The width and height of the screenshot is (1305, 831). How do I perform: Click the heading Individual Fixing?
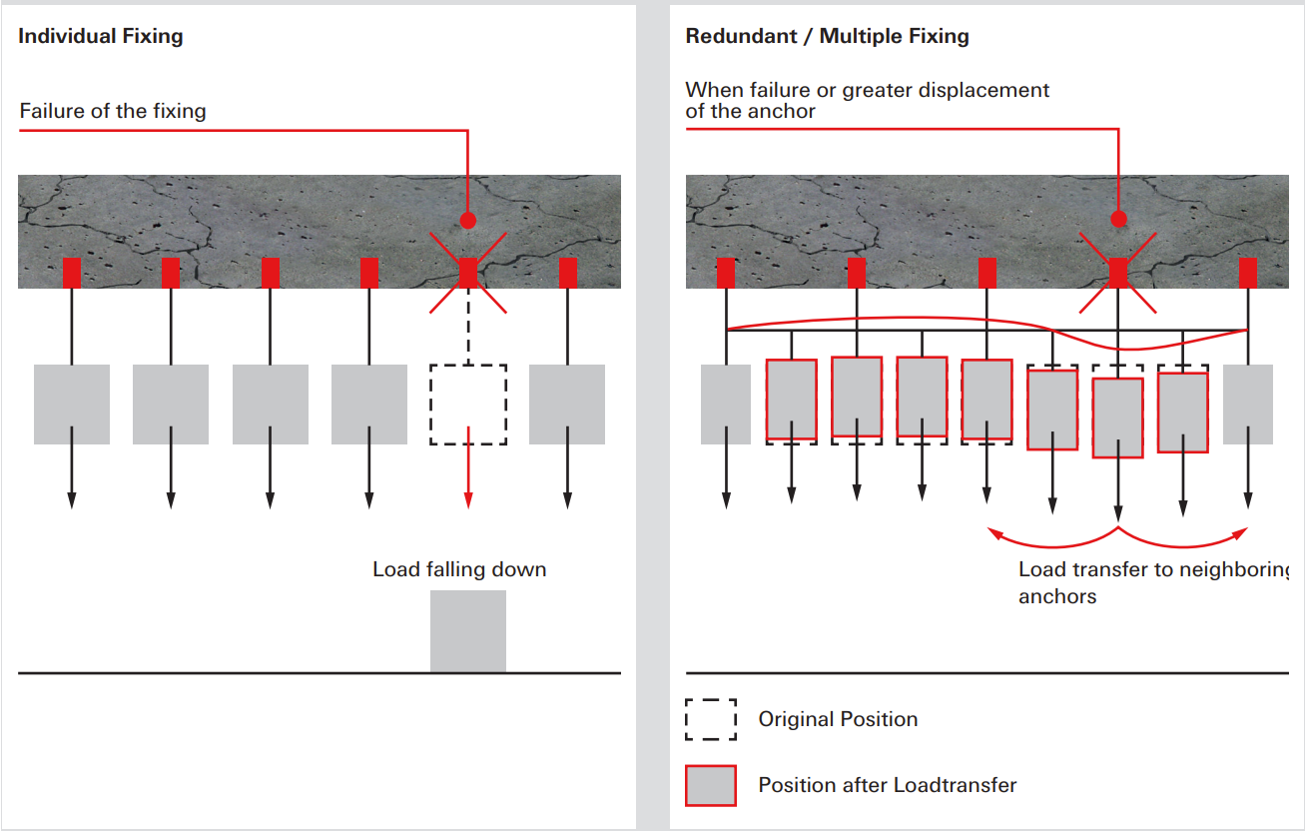click(101, 37)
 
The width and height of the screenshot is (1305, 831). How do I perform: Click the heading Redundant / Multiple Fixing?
click(827, 37)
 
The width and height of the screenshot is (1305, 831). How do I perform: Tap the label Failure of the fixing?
click(113, 111)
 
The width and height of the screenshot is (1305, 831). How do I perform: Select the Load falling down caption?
click(459, 570)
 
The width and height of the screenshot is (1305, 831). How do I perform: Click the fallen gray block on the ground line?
click(468, 631)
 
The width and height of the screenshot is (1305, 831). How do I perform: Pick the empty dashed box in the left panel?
click(468, 405)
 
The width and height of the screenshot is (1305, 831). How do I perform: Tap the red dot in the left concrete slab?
click(468, 220)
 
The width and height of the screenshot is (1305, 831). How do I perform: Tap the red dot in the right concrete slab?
click(1118, 219)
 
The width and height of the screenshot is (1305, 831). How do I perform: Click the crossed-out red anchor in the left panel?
click(468, 273)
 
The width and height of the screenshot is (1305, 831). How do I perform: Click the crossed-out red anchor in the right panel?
click(1118, 273)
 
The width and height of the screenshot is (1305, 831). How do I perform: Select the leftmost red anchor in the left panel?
click(72, 273)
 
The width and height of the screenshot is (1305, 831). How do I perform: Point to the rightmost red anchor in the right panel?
click(1248, 273)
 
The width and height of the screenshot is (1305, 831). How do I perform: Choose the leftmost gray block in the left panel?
click(72, 405)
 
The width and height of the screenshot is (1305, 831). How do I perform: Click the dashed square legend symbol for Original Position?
click(711, 719)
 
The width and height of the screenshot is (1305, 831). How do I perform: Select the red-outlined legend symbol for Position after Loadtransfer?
click(711, 785)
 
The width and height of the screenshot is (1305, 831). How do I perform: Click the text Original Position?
click(838, 719)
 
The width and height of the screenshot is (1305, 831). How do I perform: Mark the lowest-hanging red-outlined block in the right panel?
click(1118, 417)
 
